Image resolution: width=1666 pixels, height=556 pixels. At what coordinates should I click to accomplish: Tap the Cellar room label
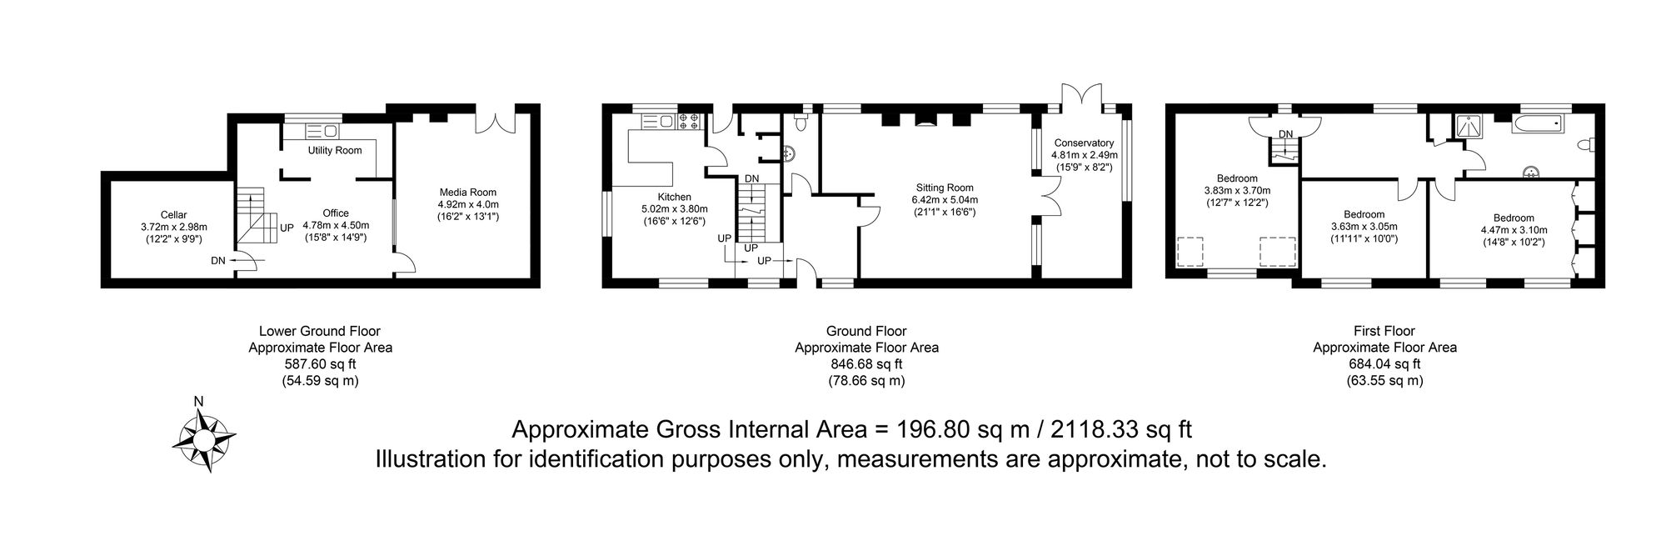(x=175, y=215)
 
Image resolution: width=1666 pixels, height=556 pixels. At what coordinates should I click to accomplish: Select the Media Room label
(x=467, y=193)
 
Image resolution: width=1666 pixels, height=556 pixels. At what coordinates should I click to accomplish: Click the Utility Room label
(x=335, y=151)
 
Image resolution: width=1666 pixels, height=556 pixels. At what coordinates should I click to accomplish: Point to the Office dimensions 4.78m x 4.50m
(x=336, y=225)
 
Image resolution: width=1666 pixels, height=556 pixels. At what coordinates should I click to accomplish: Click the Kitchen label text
(x=674, y=198)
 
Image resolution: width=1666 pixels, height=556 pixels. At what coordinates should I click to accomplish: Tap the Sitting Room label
(x=945, y=188)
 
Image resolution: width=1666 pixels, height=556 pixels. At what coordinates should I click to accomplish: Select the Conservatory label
(x=1082, y=143)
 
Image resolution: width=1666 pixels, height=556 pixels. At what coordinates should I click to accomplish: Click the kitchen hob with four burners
(x=689, y=122)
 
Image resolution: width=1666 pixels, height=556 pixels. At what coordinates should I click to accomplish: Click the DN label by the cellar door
(x=217, y=261)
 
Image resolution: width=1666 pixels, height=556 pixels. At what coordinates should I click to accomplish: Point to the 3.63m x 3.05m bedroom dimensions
(x=1364, y=227)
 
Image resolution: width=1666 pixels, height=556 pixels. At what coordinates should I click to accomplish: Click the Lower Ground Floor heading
(x=320, y=332)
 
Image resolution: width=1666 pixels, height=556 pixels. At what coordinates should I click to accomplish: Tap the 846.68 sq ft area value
(x=866, y=364)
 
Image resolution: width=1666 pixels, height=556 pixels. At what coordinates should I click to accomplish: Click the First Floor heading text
(x=1384, y=332)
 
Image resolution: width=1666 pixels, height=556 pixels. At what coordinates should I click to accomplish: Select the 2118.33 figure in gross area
(x=1090, y=430)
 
